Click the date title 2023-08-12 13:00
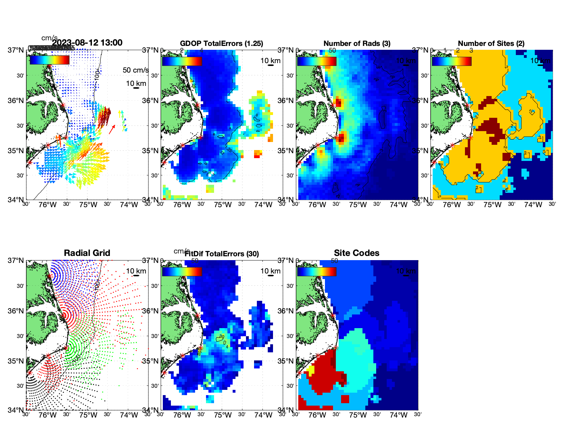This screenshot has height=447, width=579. click(87, 43)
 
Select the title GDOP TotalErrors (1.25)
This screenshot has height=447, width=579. click(221, 43)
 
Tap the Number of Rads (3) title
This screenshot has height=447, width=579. click(357, 43)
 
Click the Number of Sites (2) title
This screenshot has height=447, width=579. click(491, 43)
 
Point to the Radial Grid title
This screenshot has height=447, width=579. click(87, 253)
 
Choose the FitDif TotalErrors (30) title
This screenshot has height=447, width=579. click(222, 254)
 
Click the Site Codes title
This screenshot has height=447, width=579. click(357, 253)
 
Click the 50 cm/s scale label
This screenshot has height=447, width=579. click(135, 70)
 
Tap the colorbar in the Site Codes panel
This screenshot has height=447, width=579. click(317, 272)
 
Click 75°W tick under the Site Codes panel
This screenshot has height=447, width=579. click(358, 415)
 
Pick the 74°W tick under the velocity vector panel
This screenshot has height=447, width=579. click(129, 205)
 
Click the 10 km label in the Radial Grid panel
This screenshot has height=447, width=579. click(136, 271)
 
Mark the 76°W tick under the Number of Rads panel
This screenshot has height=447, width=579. click(317, 205)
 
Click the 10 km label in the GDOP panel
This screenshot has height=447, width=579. click(270, 61)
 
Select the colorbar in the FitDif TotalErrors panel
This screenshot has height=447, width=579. click(182, 272)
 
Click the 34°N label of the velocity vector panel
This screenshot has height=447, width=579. click(16, 200)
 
